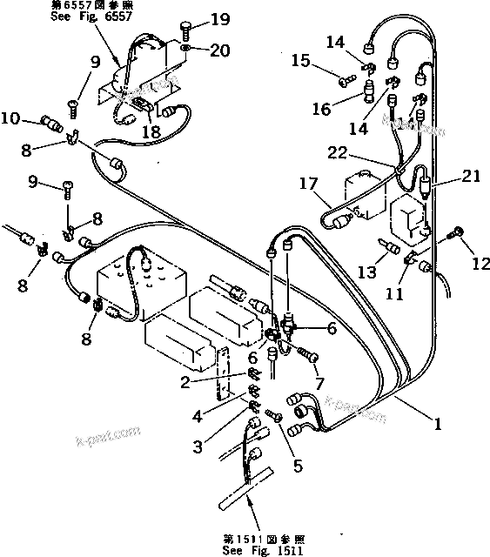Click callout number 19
coord(220,19)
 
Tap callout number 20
coord(220,50)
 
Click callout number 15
coord(300,61)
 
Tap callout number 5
coord(298,465)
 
